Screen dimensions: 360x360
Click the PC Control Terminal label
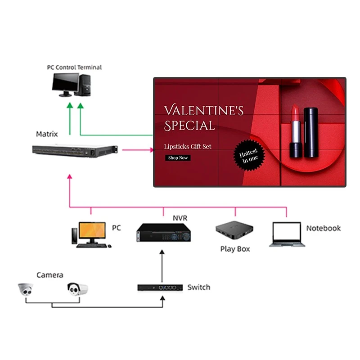(x=75, y=67)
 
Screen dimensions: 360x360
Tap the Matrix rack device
(x=75, y=151)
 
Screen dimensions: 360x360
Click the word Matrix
(x=47, y=134)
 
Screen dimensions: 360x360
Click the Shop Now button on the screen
(x=178, y=158)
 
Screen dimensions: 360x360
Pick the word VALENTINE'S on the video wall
(x=204, y=110)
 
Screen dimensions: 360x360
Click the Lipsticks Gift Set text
(x=188, y=146)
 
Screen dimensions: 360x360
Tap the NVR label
(x=180, y=218)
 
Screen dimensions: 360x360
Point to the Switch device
(x=160, y=287)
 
